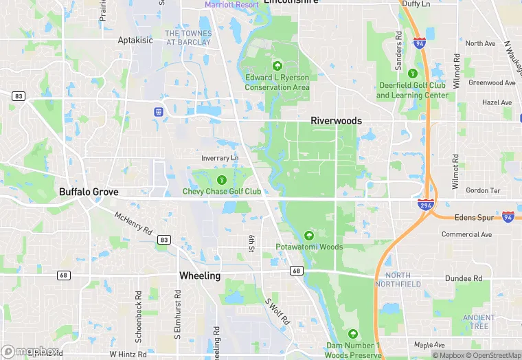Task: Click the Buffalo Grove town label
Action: (x=89, y=192)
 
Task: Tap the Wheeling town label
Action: (x=200, y=275)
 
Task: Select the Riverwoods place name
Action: (x=336, y=120)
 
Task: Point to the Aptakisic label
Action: (x=135, y=40)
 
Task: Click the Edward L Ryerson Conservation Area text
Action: (x=277, y=82)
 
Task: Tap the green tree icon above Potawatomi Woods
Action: (x=309, y=236)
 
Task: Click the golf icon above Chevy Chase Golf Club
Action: (x=221, y=179)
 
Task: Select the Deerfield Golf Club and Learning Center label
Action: (x=412, y=90)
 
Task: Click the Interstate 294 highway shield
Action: (x=426, y=204)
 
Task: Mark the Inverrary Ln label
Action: (x=220, y=158)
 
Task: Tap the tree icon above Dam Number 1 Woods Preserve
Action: (x=353, y=333)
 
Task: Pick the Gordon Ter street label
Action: (x=481, y=190)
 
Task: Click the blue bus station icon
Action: (x=159, y=111)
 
